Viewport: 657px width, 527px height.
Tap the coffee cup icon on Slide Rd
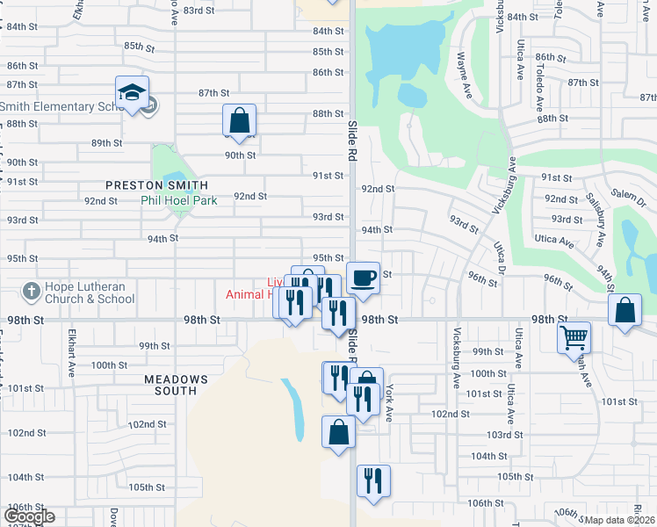364,278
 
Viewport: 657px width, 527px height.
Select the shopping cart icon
574,336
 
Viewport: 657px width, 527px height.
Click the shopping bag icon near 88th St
238,120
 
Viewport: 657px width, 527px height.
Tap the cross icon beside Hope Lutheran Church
31,291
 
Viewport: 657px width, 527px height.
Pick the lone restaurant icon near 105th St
373,480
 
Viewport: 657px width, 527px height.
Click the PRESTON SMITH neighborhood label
157,185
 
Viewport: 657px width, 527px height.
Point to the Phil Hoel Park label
179,200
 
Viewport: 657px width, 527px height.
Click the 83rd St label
199,11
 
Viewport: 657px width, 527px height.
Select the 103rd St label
506,435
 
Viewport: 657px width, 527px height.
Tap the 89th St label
106,143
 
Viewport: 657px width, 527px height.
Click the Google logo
28,516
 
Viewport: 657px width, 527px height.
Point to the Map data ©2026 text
620,520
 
